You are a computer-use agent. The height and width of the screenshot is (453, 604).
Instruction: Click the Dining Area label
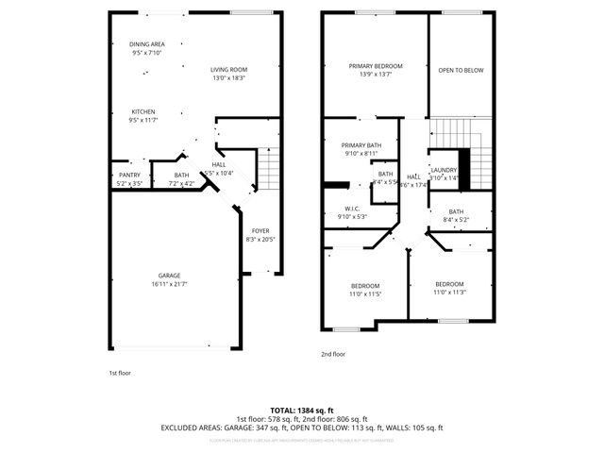[146, 44]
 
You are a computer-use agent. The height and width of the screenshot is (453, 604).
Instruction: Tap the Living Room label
[228, 69]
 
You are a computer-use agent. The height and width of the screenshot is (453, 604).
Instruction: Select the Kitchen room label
[143, 110]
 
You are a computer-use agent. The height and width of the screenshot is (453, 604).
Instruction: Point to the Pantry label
[129, 176]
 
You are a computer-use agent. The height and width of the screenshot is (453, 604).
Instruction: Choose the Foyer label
[260, 230]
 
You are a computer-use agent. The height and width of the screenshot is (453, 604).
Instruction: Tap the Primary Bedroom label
[376, 66]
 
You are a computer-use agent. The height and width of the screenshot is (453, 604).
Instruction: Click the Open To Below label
[461, 70]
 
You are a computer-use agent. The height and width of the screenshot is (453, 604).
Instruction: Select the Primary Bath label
[361, 144]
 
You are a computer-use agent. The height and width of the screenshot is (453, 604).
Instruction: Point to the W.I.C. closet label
[352, 209]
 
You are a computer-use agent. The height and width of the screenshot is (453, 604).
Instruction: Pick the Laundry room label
[444, 170]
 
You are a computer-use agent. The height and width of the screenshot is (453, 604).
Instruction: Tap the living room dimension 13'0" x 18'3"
[228, 77]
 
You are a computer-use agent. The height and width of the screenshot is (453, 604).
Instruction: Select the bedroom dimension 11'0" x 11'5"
[365, 294]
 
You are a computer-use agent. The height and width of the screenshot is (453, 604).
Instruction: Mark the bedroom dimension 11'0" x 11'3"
[449, 292]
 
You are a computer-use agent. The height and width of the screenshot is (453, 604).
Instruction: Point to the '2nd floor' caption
[333, 354]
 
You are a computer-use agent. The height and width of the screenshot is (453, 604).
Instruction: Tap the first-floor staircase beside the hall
[270, 171]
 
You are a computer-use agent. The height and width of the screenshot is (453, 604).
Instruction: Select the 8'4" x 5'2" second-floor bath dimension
[456, 220]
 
